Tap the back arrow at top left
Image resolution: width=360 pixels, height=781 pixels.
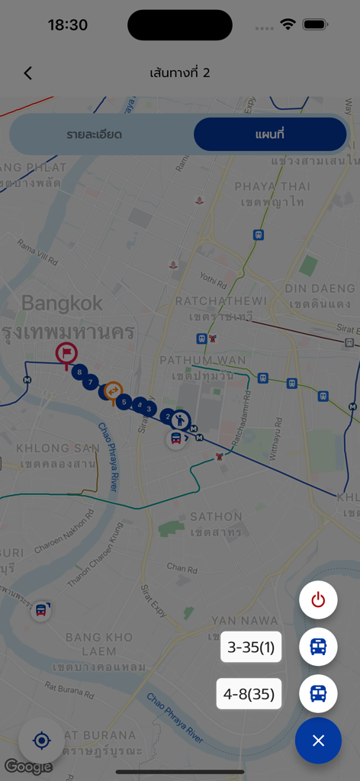28,73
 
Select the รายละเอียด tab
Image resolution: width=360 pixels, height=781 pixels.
95,135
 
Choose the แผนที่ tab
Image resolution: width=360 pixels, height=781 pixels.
269,135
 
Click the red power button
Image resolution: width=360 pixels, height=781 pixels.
318,600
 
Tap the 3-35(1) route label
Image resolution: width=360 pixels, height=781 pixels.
250,648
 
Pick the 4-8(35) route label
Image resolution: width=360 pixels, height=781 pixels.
249,694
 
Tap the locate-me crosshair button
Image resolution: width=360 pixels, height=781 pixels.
42,740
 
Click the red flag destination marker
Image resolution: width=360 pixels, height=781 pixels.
67,353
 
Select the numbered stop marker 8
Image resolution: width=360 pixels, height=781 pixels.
79,372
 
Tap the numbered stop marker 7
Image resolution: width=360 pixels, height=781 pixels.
91,382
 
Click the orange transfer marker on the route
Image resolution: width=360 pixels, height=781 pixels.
113,390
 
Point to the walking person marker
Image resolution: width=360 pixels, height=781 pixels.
180,419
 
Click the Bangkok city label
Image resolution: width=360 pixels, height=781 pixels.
62,303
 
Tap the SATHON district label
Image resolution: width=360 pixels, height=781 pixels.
216,517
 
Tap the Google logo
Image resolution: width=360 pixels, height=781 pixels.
28,766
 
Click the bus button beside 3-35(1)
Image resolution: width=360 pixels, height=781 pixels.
318,647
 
